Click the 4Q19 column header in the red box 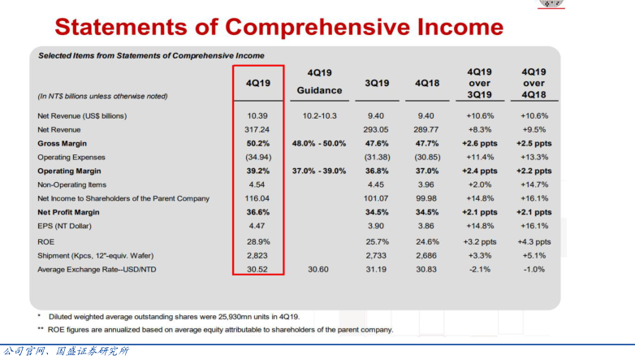point(257,84)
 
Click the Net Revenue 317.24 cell point(257,129)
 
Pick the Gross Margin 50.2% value point(257,143)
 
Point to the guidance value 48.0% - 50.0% point(319,143)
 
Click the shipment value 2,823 point(257,255)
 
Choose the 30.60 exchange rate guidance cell point(319,269)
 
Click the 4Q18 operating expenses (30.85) point(426,157)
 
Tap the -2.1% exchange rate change point(480,269)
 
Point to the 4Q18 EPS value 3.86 point(426,226)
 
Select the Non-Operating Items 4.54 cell point(257,184)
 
